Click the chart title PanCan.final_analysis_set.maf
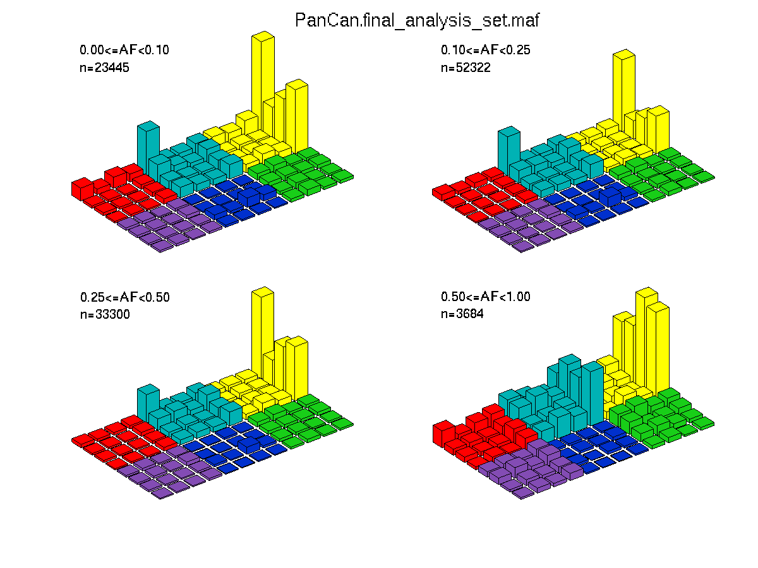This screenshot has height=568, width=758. (x=417, y=20)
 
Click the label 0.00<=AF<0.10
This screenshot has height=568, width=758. (x=124, y=50)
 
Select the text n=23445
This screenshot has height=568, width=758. (x=104, y=68)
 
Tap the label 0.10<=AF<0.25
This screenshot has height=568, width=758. (x=485, y=50)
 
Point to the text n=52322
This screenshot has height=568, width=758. (x=466, y=68)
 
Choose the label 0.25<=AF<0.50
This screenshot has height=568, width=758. (x=125, y=297)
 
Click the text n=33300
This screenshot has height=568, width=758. (x=105, y=314)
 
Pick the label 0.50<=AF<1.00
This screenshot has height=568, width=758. (x=485, y=296)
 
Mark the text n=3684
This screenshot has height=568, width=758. (x=462, y=314)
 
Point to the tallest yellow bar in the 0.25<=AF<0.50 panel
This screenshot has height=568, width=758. (x=263, y=331)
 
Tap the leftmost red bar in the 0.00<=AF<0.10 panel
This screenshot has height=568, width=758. (x=83, y=189)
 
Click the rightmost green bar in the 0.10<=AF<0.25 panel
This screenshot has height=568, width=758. (x=704, y=177)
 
